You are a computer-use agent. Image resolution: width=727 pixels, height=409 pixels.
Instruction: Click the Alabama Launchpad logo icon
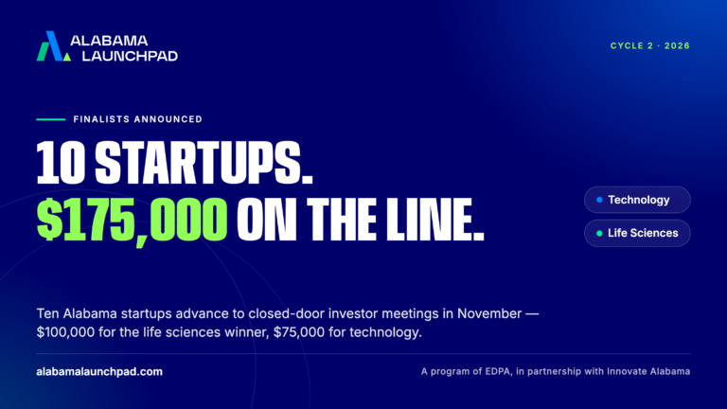53,45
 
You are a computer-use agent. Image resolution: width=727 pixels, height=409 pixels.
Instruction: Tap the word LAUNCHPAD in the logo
130,56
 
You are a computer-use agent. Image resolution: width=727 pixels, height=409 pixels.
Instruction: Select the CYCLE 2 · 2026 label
650,45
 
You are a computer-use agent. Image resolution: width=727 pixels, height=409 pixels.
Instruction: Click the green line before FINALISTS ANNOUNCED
51,119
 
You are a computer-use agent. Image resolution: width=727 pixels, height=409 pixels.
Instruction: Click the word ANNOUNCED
168,119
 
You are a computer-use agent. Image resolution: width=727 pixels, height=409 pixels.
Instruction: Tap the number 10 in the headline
61,162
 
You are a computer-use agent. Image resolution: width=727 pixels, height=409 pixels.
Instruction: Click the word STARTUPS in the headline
204,162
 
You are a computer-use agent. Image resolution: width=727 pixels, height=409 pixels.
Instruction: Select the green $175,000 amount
132,220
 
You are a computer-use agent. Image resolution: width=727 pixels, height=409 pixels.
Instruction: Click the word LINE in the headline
434,219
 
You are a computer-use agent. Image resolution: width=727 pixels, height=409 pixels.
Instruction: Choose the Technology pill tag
637,200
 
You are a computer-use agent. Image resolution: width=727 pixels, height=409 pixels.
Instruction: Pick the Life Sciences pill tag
637,233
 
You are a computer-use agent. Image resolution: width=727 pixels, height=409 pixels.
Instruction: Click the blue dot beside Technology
599,200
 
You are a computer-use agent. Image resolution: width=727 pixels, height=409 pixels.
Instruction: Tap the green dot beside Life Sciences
599,233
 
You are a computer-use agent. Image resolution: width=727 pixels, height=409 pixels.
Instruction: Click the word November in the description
489,313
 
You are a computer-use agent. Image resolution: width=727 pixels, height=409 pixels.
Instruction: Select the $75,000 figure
299,332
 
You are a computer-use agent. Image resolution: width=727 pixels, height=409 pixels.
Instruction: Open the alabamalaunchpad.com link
99,371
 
